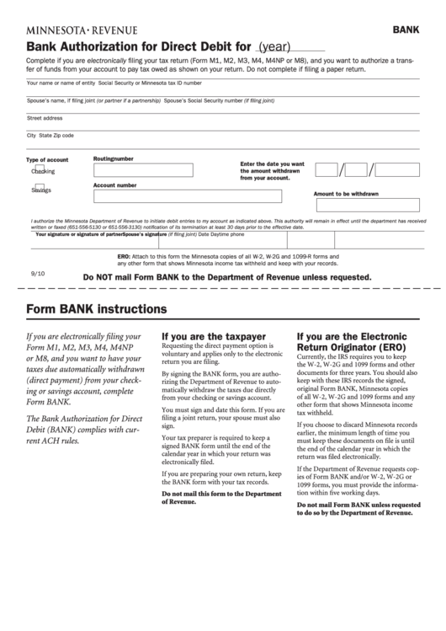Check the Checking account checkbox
[x=40, y=169]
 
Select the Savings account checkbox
[x=40, y=189]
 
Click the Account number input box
[x=163, y=197]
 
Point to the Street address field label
[x=45, y=118]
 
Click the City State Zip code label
[x=50, y=135]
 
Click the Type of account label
[x=47, y=159]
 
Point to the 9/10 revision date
[x=38, y=274]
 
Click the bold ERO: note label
[x=122, y=255]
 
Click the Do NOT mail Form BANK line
[x=227, y=276]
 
